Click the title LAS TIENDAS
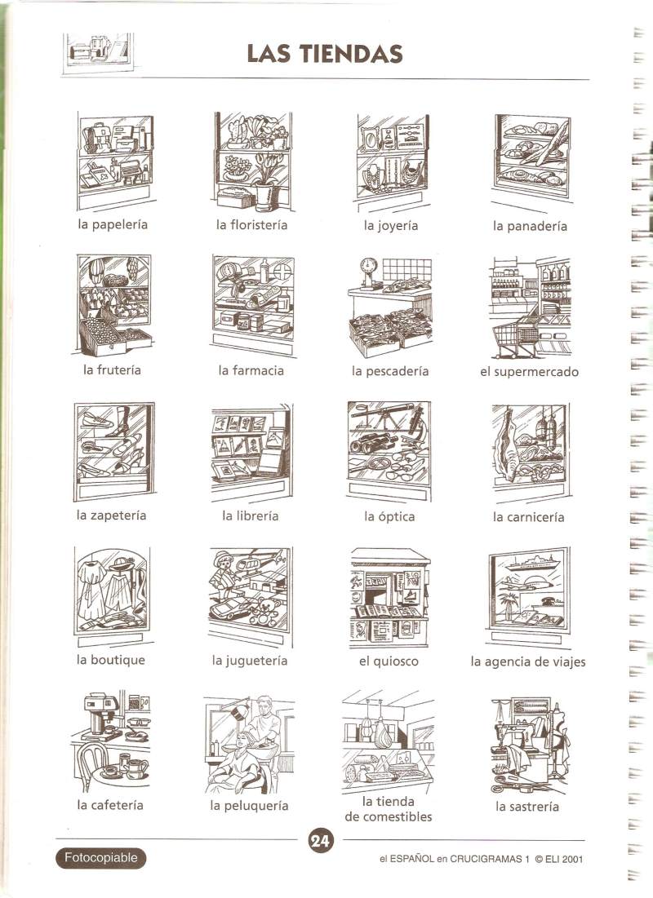tap(325, 54)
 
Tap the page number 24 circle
tap(320, 841)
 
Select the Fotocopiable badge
tap(101, 858)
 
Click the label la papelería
tap(113, 224)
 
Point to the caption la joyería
tap(390, 226)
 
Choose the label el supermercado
tap(529, 372)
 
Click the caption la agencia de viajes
tap(528, 662)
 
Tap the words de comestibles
tap(389, 816)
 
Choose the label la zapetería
tap(111, 515)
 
